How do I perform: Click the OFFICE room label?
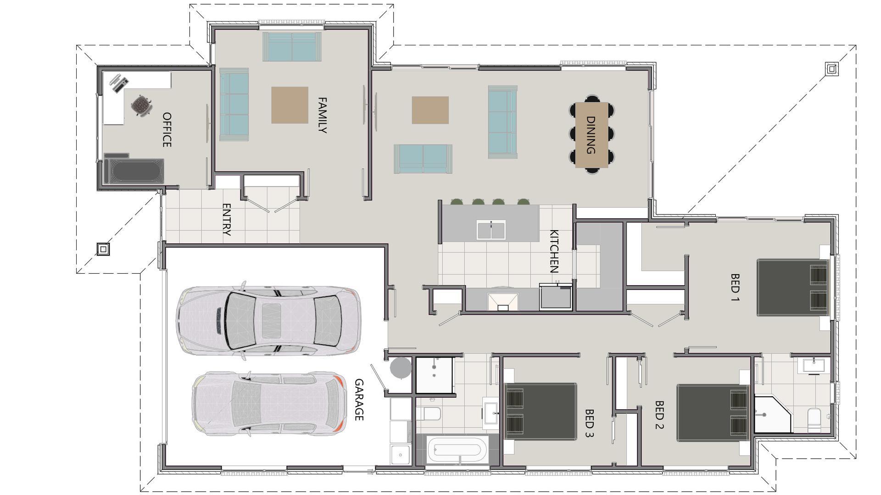click(167, 130)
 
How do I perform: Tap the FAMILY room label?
click(322, 115)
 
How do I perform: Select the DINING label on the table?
click(591, 135)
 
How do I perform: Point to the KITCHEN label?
click(554, 251)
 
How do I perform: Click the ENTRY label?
click(226, 220)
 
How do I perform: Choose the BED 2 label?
click(659, 415)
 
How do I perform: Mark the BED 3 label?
click(589, 423)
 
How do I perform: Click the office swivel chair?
click(141, 105)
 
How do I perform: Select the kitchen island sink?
click(491, 230)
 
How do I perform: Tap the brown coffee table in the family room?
click(290, 105)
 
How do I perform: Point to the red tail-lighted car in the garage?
click(269, 404)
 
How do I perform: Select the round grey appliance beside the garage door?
click(401, 368)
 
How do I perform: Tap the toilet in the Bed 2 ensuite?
click(814, 419)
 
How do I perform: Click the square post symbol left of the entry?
click(103, 249)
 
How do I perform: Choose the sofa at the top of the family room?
click(292, 46)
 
